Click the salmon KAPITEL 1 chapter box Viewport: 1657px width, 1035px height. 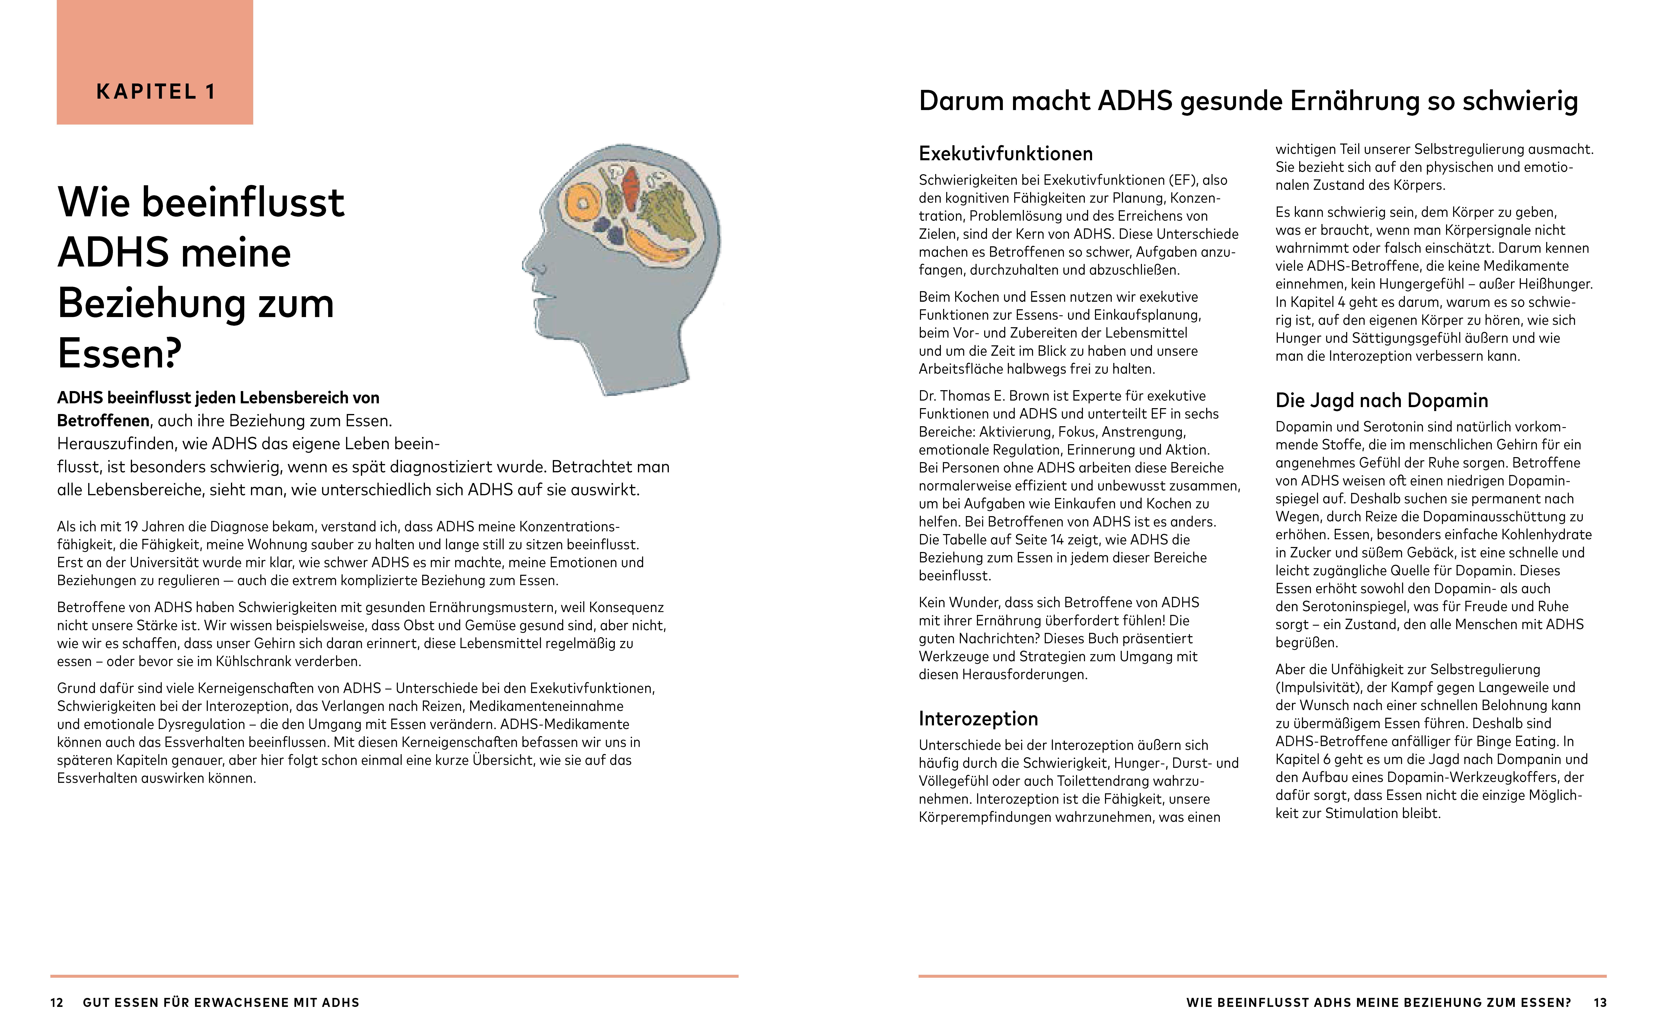(155, 62)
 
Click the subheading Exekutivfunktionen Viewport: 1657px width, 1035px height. (1005, 153)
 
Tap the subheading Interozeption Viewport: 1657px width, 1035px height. (978, 719)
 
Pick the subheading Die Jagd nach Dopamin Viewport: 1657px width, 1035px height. (1381, 400)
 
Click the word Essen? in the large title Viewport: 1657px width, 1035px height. (120, 353)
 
